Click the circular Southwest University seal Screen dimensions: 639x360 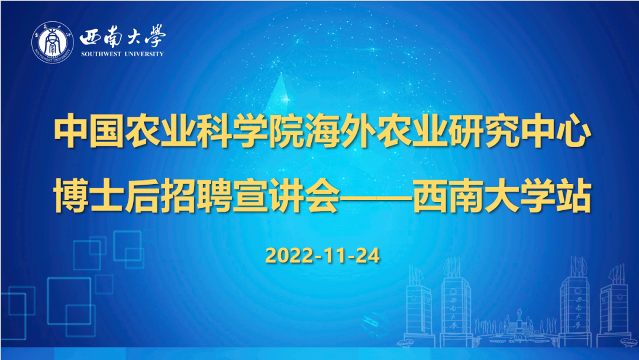coord(53,42)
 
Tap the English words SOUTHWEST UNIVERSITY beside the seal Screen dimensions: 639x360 coord(122,54)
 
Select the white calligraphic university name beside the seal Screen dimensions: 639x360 coord(122,36)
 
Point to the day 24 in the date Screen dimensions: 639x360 coord(368,256)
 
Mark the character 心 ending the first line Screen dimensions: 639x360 coord(573,131)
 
